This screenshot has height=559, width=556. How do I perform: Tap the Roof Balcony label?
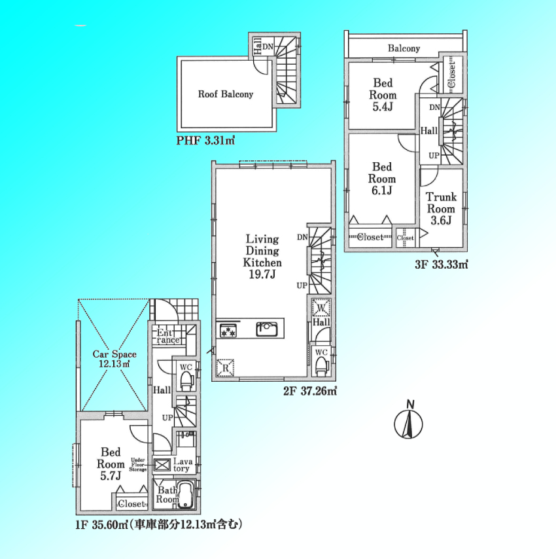[x=226, y=94]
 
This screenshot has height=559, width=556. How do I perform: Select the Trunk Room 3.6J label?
[x=441, y=209]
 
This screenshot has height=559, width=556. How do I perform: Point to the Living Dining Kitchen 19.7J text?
[x=262, y=257]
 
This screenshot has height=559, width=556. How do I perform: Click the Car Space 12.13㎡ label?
[x=114, y=359]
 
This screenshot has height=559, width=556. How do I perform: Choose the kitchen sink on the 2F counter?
[x=267, y=329]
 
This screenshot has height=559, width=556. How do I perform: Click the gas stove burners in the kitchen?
[x=228, y=330]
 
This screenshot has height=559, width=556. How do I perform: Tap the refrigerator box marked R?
[x=225, y=367]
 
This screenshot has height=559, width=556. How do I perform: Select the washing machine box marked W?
[x=321, y=308]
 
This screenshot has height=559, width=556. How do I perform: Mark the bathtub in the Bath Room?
[x=186, y=495]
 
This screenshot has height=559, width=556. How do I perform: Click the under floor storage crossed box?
[x=162, y=465]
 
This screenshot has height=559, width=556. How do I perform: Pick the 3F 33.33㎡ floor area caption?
[x=441, y=265]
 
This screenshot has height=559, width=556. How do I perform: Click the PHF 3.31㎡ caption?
[x=205, y=141]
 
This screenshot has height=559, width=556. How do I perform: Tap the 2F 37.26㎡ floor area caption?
[x=310, y=391]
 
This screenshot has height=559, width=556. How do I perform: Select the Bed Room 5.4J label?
[x=383, y=95]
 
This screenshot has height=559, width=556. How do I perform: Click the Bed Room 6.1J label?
[x=382, y=178]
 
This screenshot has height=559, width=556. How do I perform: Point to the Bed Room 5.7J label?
[x=111, y=464]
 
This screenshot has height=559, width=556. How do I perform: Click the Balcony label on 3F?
[x=404, y=48]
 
